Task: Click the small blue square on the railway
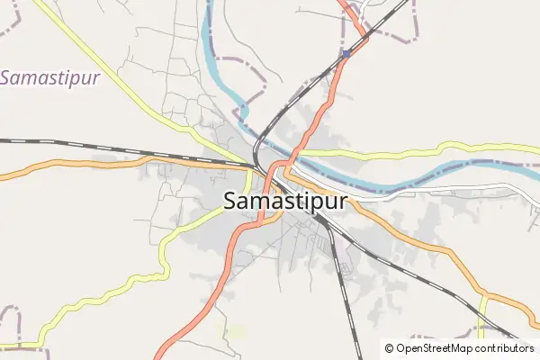pos(346,54)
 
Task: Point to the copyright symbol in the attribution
pos(390,348)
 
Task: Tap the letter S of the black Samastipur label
pos(231,201)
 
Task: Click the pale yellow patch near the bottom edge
pos(236,333)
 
